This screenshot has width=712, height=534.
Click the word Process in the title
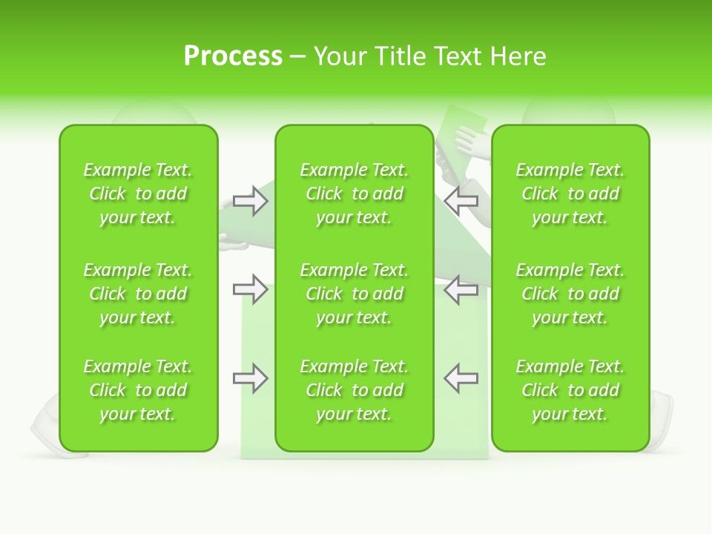(x=233, y=56)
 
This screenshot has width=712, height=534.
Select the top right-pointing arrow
(x=251, y=201)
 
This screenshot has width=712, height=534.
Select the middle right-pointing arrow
(x=251, y=289)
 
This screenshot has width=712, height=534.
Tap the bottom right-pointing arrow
(x=251, y=379)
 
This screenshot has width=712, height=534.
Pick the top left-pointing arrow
(x=461, y=200)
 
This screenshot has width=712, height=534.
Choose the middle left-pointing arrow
(x=461, y=289)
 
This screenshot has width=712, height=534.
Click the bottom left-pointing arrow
(x=461, y=378)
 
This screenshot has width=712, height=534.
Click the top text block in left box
(x=138, y=194)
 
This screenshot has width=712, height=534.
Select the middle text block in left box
(x=138, y=294)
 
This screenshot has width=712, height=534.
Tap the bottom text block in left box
(x=138, y=390)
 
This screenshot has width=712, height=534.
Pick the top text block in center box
(x=355, y=194)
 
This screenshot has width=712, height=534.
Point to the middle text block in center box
(x=355, y=294)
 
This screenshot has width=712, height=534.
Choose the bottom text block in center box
(x=355, y=390)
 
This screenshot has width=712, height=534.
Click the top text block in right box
(x=570, y=194)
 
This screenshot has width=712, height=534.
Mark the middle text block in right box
(x=570, y=294)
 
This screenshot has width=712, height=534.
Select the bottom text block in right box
(x=570, y=390)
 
